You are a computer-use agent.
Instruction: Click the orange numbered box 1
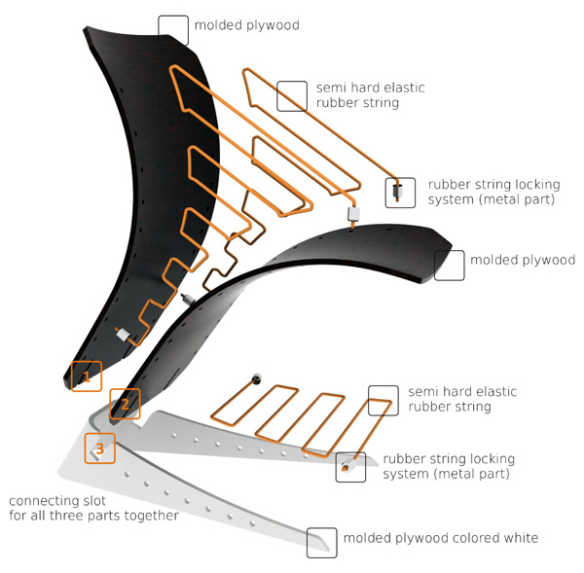click(87, 374)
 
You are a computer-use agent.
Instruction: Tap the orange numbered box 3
click(99, 448)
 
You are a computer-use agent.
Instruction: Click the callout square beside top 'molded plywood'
click(173, 27)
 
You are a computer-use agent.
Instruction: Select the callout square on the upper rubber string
click(291, 95)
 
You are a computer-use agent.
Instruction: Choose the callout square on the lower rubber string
click(383, 400)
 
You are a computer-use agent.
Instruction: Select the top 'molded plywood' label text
click(246, 25)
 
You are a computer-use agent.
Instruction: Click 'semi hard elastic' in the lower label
click(463, 392)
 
